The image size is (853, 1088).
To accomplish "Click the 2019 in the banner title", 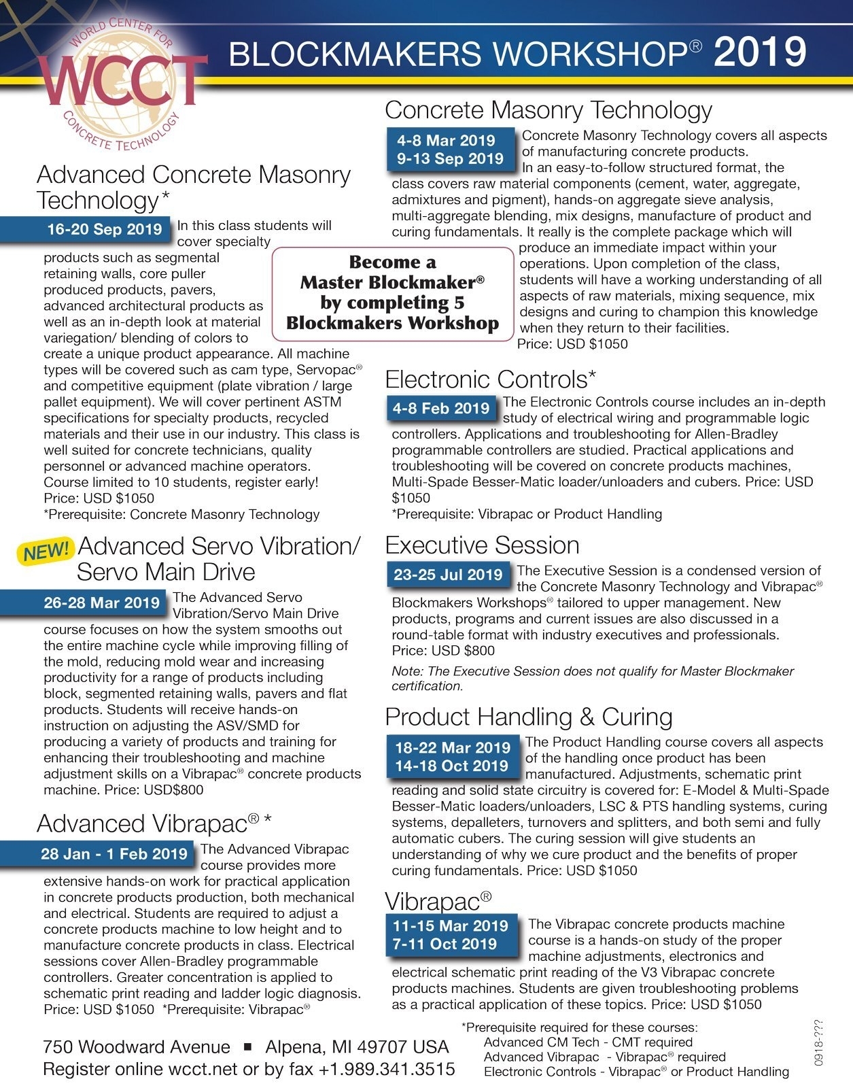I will [760, 52].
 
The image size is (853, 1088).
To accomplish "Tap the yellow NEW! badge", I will [46, 550].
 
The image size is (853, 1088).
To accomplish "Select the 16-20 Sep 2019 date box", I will [104, 229].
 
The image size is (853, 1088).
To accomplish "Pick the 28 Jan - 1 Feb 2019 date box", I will [114, 854].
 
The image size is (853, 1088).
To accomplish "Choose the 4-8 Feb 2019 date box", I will [440, 409].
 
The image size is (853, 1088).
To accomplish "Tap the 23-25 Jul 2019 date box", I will [448, 575].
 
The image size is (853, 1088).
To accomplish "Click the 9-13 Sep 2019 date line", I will [450, 159].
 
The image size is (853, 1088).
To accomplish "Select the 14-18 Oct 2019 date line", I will [452, 766].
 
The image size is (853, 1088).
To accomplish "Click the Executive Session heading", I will [482, 545].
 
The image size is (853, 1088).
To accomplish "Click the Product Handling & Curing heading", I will [528, 717].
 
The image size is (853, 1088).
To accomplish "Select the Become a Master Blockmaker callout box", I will [393, 293].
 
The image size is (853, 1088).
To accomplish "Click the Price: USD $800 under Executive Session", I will [443, 651].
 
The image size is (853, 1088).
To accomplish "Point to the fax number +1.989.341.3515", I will [387, 1069].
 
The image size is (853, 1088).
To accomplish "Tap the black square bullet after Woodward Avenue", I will [247, 1047].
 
